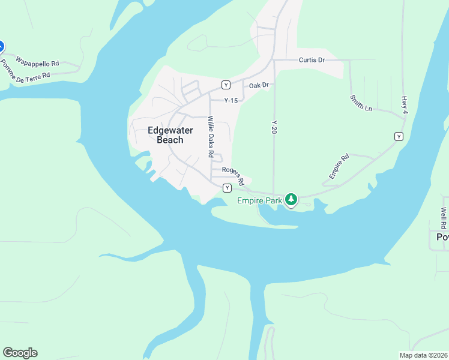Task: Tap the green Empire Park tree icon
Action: point(291,199)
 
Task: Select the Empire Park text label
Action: point(259,200)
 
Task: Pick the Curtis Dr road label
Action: point(312,60)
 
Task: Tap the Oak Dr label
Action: point(259,86)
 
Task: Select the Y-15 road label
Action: point(231,101)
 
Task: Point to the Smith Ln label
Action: point(359,103)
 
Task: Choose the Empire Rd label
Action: point(339,167)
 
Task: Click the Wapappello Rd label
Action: point(37,62)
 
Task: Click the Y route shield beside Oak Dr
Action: point(226,85)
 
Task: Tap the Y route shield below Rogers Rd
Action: point(227,188)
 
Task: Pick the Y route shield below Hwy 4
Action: point(399,137)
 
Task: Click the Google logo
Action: point(20,353)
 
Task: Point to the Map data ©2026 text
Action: point(423,355)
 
